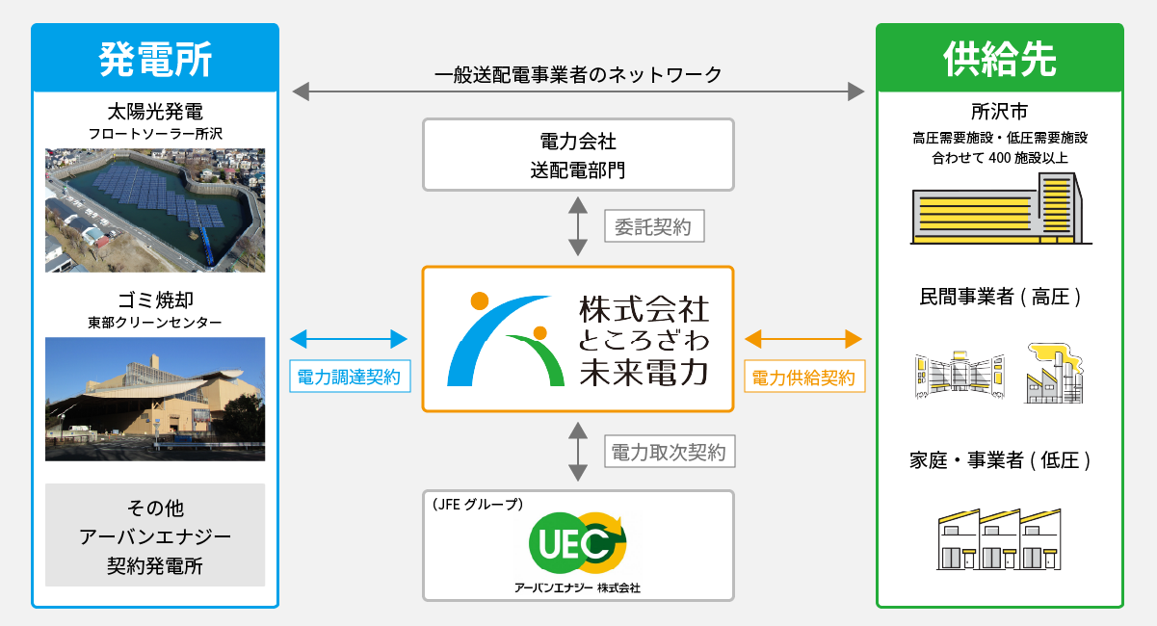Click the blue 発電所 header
[155, 59]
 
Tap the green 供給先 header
[999, 59]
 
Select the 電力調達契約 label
[349, 378]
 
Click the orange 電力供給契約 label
[803, 378]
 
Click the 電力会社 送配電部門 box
[578, 155]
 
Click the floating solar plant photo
[155, 210]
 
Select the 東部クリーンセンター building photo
[155, 399]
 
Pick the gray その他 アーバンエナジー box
[155, 535]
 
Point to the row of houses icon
[999, 539]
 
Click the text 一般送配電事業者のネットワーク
[578, 75]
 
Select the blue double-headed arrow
[349, 339]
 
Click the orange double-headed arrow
[803, 339]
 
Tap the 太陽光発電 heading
[155, 111]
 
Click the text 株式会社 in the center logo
[644, 309]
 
